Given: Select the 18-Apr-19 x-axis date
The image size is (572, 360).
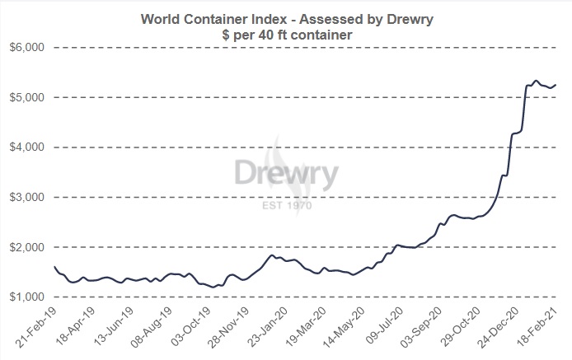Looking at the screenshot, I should coord(82,328).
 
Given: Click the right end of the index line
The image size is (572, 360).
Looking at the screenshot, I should coord(556,85).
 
